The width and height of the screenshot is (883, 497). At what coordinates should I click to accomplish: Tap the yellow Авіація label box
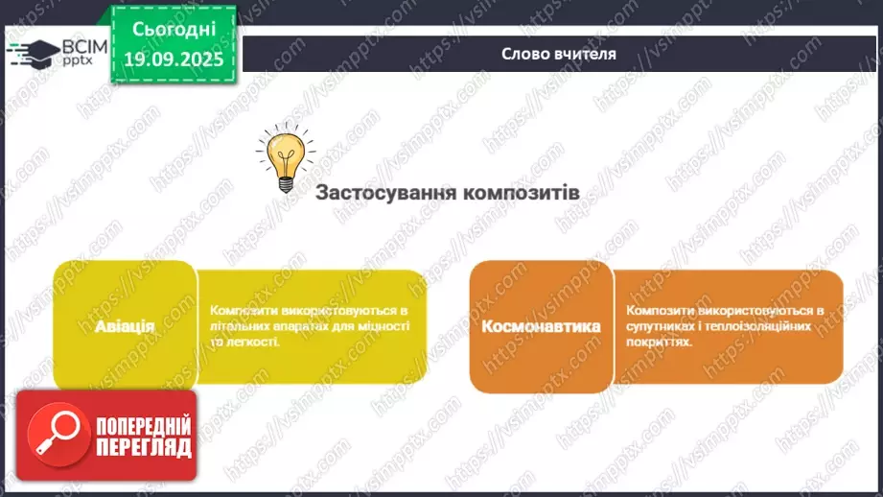(125, 325)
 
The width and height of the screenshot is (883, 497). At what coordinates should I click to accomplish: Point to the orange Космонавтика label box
(542, 326)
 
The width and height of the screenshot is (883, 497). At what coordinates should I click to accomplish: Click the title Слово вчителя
(559, 55)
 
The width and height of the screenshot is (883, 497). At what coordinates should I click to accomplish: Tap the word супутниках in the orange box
(662, 326)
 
